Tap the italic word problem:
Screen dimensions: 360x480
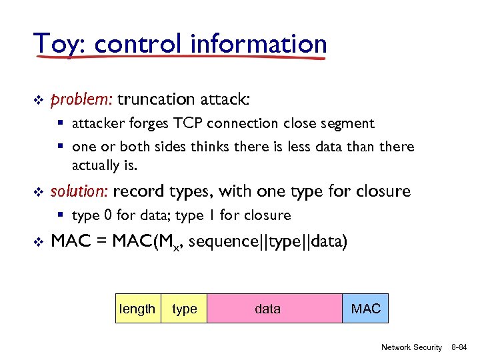81,100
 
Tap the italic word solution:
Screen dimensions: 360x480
79,192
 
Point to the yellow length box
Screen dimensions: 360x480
138,309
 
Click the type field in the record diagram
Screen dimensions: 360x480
185,309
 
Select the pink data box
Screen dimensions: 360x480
275,309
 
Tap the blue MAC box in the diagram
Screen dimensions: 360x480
365,309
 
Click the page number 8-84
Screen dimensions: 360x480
459,347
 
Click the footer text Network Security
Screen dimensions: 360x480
411,347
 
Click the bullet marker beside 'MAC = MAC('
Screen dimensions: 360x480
38,240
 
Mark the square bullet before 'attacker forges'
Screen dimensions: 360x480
62,123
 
